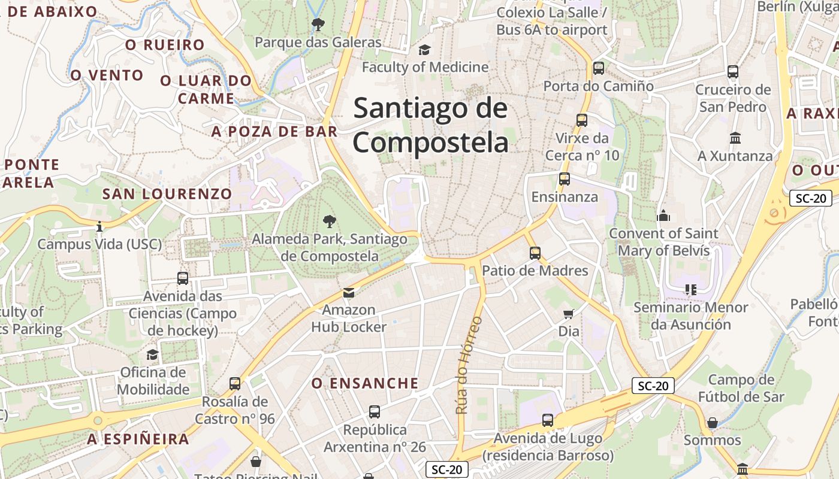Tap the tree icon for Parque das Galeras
318,25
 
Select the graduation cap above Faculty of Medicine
425,50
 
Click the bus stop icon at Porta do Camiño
598,68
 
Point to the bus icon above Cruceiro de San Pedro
733,72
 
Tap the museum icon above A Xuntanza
735,138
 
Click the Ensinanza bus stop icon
564,179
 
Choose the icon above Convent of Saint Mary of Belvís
663,216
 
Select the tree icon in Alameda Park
329,222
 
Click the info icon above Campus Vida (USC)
99,226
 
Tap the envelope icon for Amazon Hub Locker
348,292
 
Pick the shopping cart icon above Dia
569,314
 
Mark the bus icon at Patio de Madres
535,253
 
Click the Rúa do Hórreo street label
469,365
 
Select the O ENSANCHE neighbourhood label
365,383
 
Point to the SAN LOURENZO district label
167,194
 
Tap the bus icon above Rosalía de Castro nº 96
235,383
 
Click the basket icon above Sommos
713,423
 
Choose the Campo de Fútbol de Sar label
741,388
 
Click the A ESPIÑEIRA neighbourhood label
138,439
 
